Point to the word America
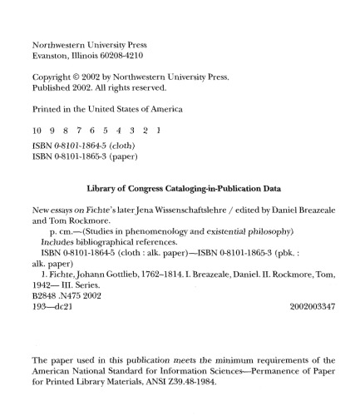tap(162, 108)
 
